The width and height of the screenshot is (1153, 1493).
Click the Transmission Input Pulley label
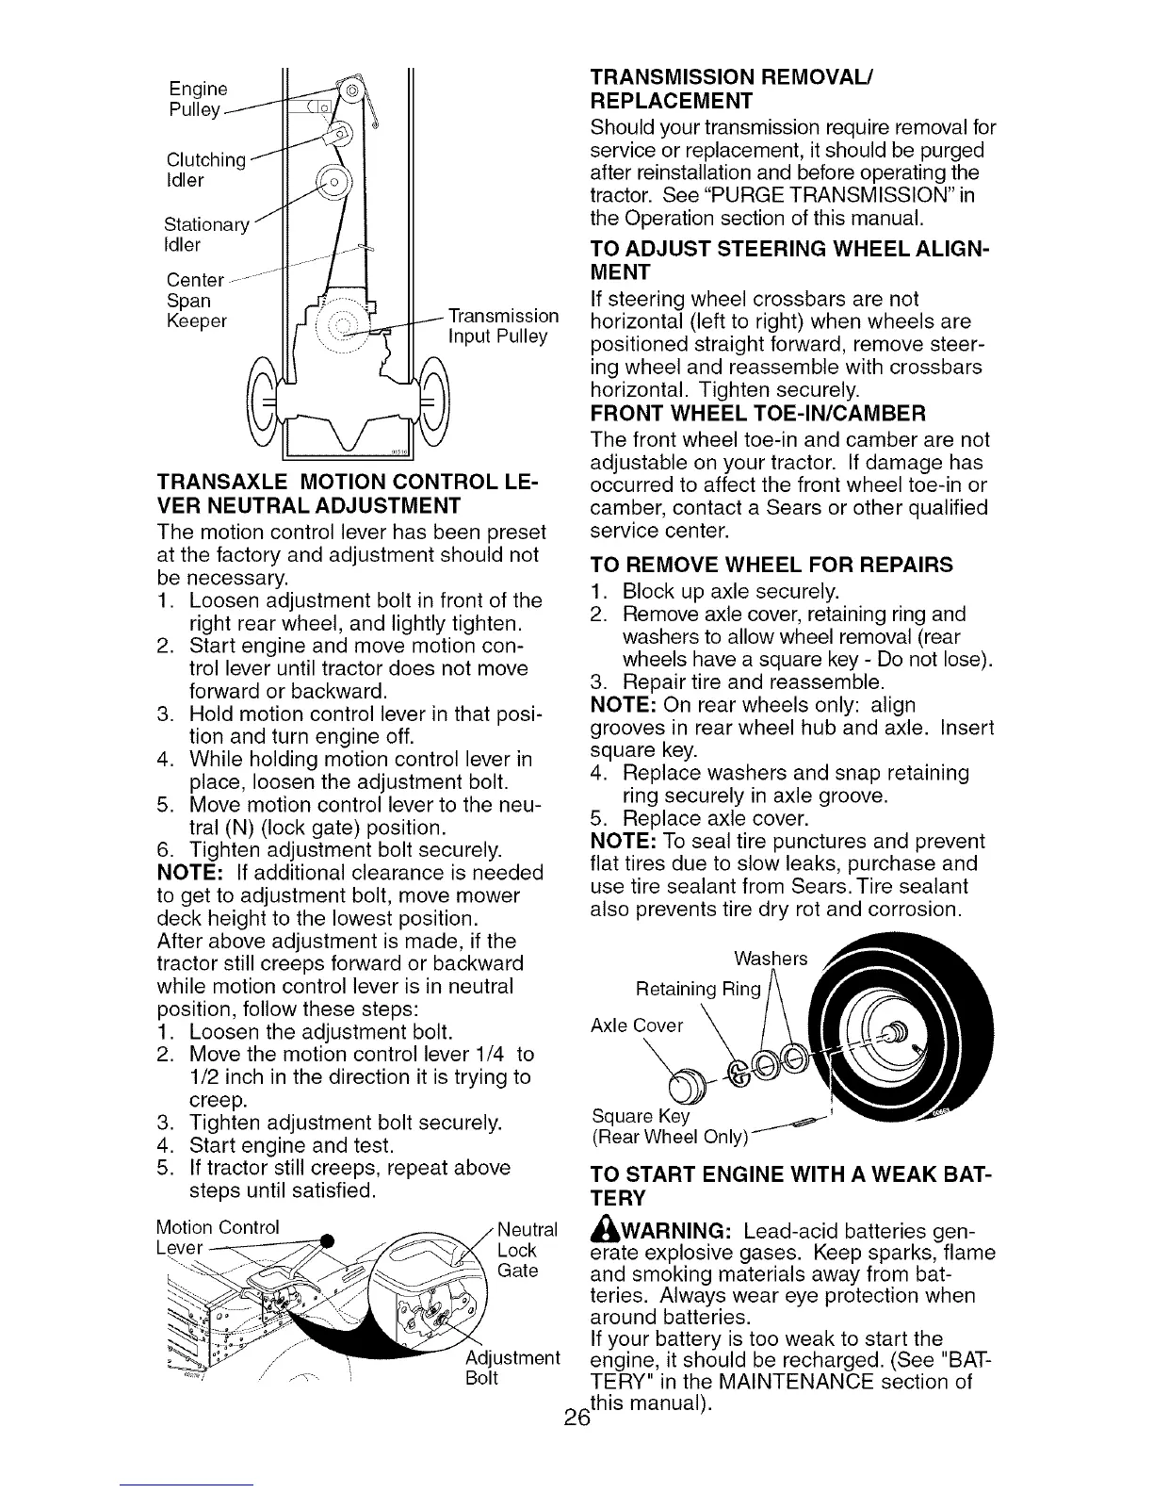[502, 325]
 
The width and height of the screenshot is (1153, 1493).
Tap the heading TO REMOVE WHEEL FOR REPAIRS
[771, 565]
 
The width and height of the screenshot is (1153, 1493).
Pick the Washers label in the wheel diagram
[770, 960]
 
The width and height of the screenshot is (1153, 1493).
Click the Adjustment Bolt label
[512, 1369]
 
